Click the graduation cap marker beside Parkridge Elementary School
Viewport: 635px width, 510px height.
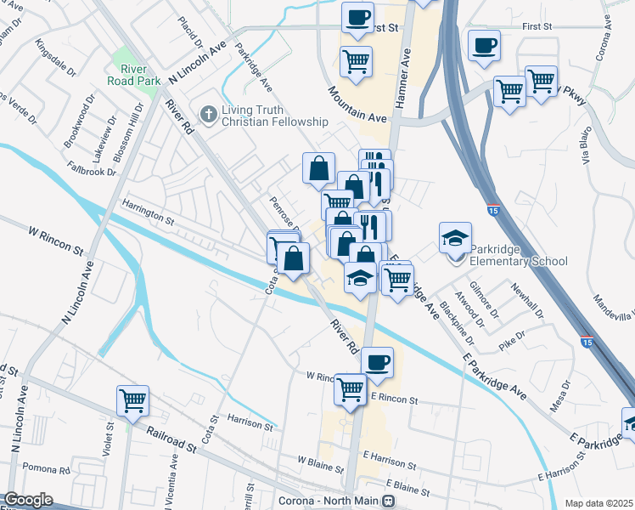point(455,238)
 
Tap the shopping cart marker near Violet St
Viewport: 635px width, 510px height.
point(133,400)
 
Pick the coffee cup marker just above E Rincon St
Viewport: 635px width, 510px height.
point(378,362)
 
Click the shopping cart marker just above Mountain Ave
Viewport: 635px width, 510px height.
point(356,61)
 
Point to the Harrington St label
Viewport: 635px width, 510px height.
point(148,212)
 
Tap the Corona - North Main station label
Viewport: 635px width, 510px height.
point(329,501)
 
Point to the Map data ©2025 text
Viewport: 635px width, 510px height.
point(599,503)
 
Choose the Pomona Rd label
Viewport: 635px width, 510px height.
point(47,469)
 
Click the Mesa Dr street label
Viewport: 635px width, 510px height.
point(559,396)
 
